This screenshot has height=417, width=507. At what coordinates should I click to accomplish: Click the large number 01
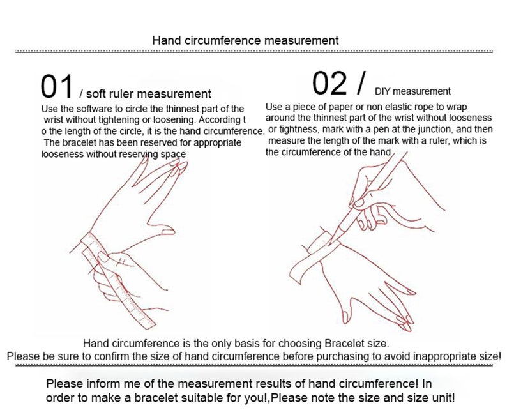coord(57,86)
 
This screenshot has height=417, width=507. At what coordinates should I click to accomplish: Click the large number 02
coord(329,84)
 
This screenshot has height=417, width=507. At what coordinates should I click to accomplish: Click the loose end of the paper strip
coord(295,273)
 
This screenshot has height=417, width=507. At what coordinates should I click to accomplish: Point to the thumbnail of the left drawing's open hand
coord(168,231)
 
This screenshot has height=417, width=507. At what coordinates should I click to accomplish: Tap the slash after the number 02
coord(362,83)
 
